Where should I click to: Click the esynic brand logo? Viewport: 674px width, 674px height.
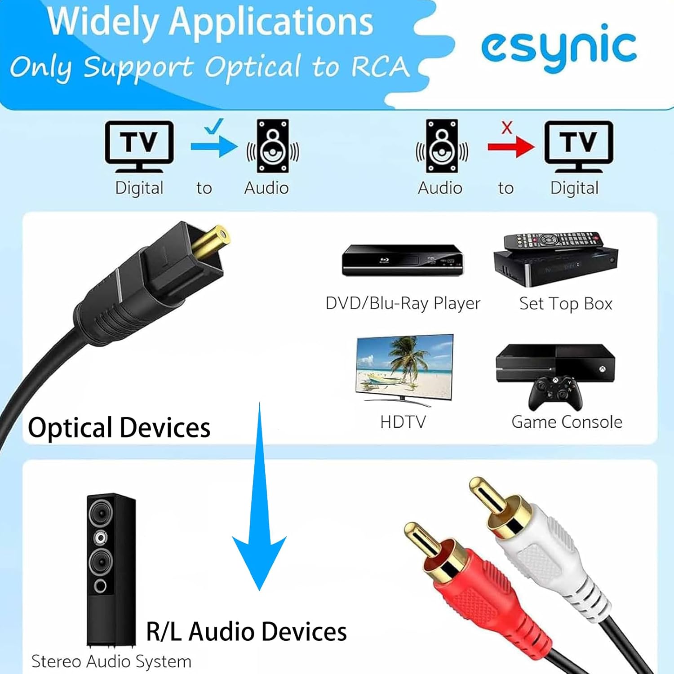coord(559,47)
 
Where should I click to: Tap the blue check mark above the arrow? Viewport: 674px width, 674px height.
coord(213,126)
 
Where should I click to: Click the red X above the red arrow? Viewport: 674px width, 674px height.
coord(507,128)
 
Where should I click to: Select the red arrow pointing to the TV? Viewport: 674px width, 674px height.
coord(510,146)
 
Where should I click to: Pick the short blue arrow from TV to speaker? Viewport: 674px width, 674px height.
coord(214,146)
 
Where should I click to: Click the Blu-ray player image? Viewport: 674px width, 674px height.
coord(402,260)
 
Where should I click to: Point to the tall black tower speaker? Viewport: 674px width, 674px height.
coord(111,568)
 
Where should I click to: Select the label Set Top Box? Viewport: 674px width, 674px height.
coord(566,304)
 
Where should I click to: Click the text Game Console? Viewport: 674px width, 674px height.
coord(567,422)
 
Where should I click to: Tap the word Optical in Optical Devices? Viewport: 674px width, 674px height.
coord(70,427)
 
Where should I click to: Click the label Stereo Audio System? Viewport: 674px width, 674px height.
coord(111,661)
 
